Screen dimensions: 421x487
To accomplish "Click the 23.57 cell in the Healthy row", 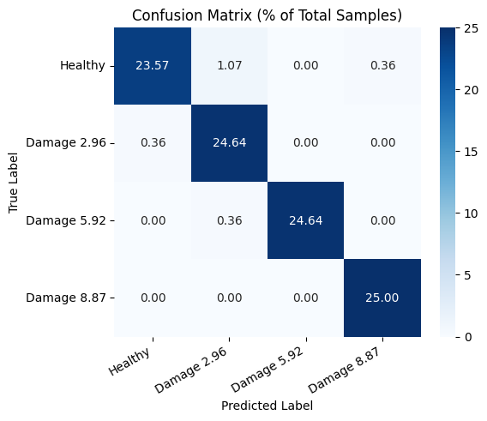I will point(152,65).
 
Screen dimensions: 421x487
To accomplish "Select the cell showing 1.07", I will point(229,65).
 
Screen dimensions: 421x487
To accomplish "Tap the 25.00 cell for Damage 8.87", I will point(382,298).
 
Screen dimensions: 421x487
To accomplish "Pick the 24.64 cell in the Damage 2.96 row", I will point(229,142).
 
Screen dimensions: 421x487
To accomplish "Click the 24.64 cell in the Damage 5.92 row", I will point(305,220).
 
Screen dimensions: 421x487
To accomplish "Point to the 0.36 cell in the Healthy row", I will point(382,65).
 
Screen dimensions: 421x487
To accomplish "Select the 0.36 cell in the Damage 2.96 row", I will point(152,142).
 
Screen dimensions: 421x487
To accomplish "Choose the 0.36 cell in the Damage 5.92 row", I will point(229,220).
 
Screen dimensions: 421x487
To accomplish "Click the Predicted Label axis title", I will point(267,405).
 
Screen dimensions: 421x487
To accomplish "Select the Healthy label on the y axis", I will point(83,65).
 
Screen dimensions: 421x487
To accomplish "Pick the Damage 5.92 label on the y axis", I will point(66,220).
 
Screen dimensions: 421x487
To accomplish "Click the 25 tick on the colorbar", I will point(471,27).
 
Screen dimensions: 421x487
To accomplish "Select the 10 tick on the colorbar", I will point(471,214).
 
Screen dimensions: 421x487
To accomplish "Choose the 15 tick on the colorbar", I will point(471,152).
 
